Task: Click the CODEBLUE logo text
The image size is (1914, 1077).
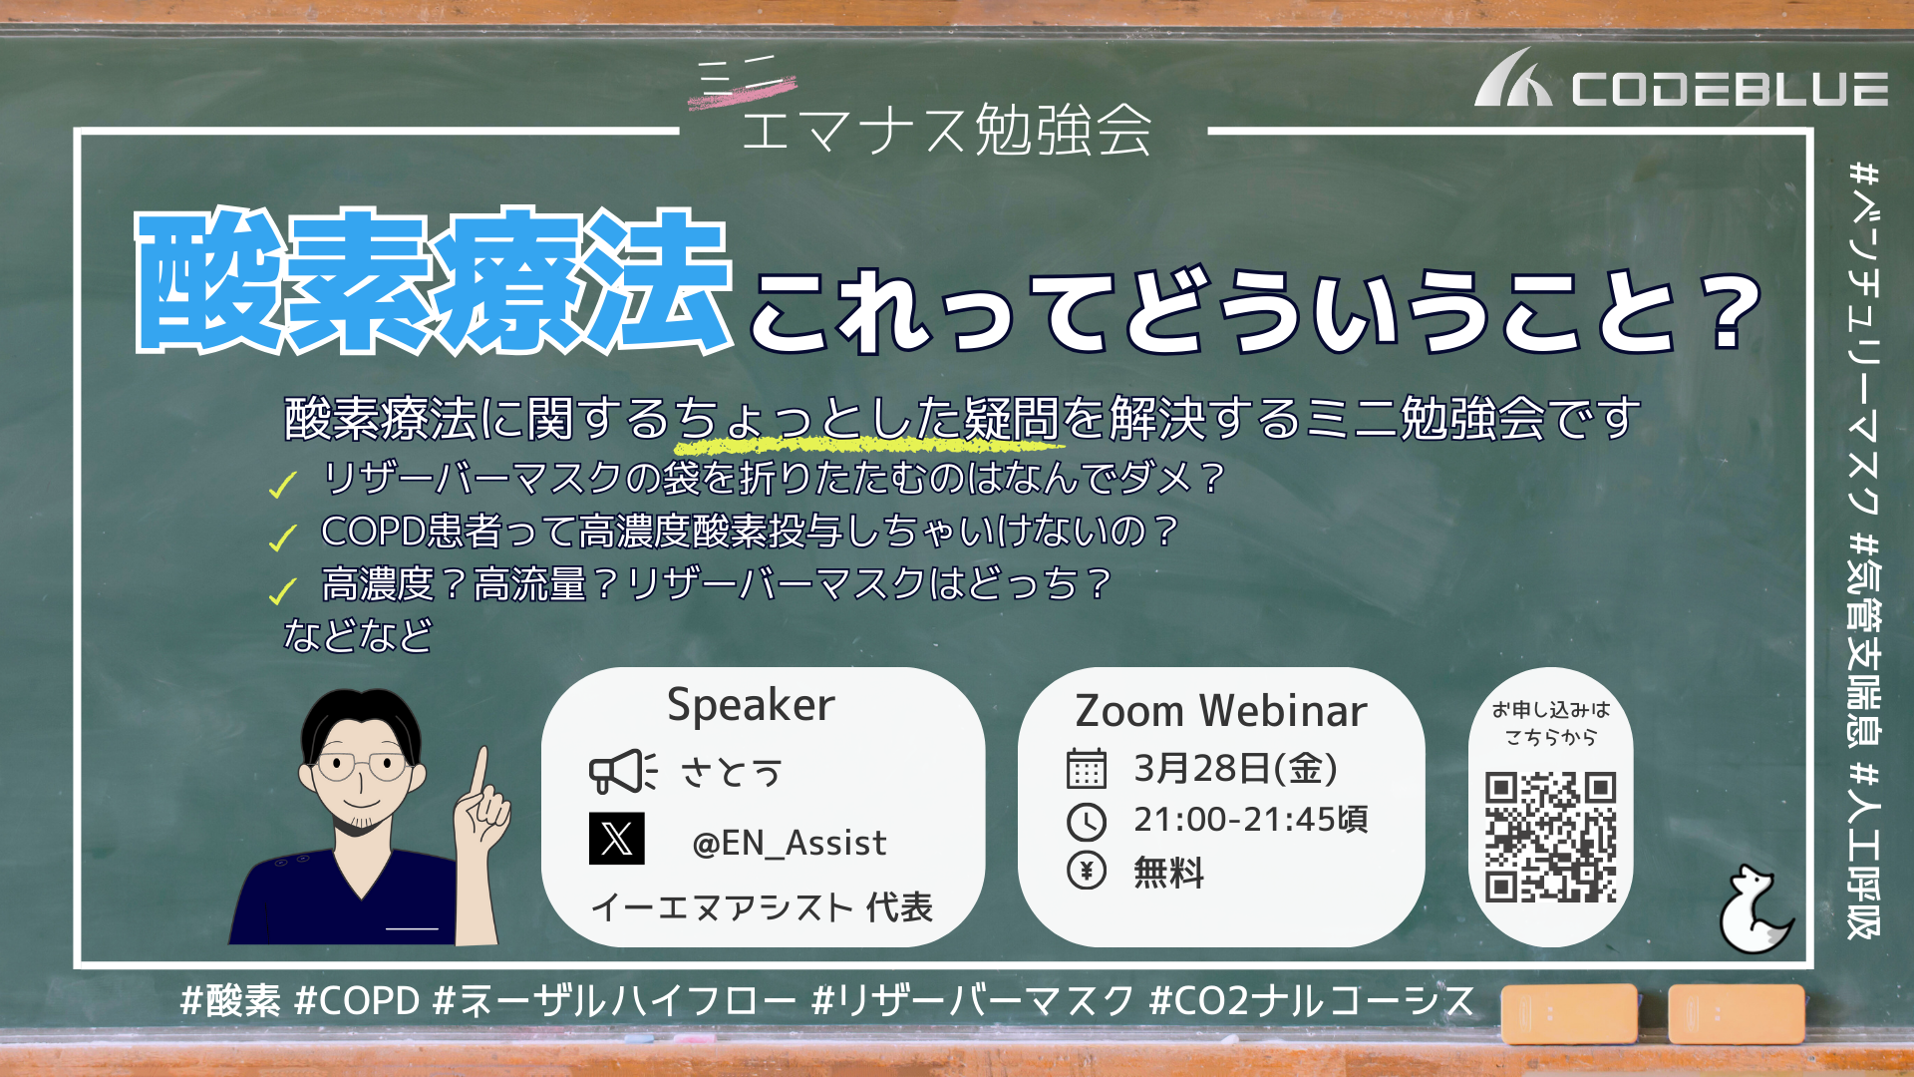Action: tap(1730, 89)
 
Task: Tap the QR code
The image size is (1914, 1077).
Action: tap(1550, 837)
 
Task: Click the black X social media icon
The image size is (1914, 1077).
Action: tap(616, 838)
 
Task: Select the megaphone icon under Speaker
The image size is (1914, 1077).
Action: tap(623, 771)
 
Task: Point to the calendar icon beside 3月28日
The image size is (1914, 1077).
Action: tap(1087, 768)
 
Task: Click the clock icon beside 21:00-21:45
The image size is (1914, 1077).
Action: tap(1087, 821)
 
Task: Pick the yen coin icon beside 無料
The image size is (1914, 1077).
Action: tap(1087, 871)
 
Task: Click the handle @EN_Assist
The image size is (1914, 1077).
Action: tap(789, 844)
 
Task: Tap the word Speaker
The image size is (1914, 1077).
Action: tap(751, 706)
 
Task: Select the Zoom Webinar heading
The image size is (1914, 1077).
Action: tap(1221, 711)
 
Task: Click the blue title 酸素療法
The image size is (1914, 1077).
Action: tap(435, 281)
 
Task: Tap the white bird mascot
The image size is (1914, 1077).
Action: tap(1754, 909)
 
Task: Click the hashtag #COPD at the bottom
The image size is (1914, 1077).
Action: tap(357, 1000)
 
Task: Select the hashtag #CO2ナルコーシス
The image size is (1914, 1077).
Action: tap(1312, 1000)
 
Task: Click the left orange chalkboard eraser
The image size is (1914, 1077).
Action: tap(1569, 1014)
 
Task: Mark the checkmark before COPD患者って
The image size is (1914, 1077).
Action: tap(282, 538)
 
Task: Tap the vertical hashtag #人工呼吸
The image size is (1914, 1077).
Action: tap(1863, 851)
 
